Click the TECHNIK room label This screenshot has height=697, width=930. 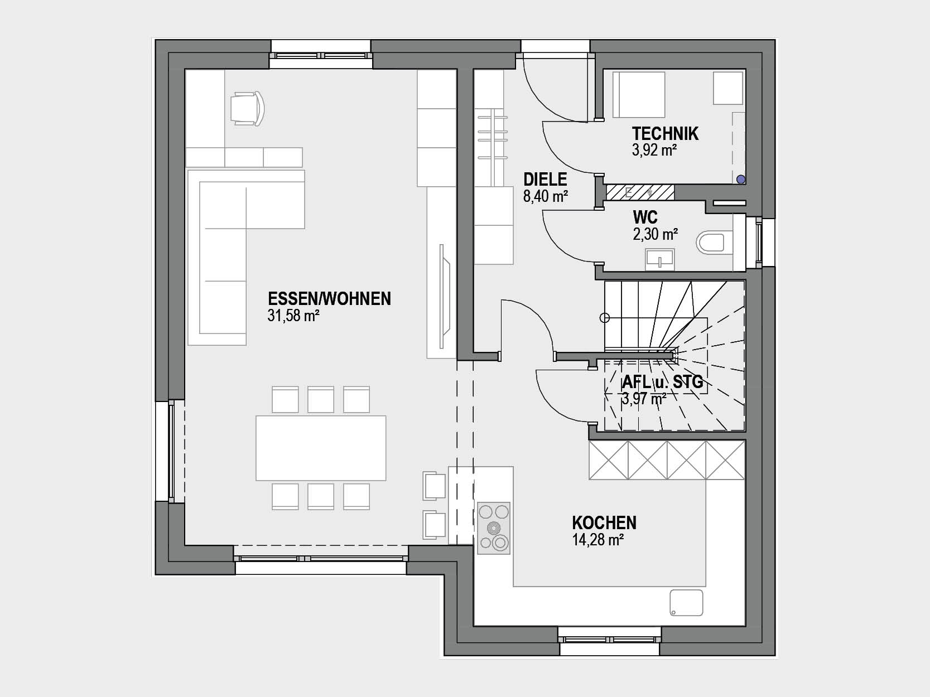665,134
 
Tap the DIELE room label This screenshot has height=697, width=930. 545,180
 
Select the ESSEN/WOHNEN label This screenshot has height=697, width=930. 329,299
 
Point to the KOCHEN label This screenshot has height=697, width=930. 604,523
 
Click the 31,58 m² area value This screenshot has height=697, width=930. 293,316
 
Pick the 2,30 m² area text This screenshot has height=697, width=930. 655,234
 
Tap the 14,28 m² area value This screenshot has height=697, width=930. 598,540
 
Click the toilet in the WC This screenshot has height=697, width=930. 715,242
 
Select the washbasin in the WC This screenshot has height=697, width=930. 660,260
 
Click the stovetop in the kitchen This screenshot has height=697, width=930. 494,528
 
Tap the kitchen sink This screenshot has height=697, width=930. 686,603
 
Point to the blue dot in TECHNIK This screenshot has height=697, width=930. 741,180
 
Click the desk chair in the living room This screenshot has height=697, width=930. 248,109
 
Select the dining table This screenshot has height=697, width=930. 321,448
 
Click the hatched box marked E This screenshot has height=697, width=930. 640,193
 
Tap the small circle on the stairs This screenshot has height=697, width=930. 605,318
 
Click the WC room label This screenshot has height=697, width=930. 645,217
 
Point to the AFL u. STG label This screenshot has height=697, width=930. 662,382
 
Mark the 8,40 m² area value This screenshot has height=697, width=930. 546,196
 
